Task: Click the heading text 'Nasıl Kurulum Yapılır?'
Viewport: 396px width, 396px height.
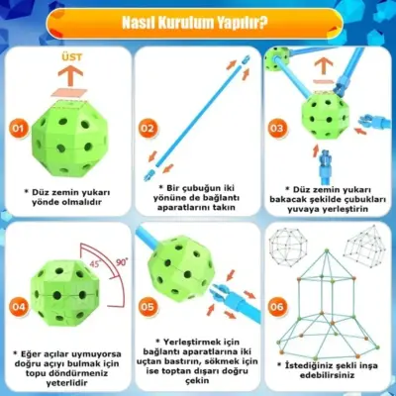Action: click(198, 22)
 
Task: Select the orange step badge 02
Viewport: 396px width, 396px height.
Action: click(148, 128)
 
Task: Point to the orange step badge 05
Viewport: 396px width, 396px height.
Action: click(148, 305)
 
